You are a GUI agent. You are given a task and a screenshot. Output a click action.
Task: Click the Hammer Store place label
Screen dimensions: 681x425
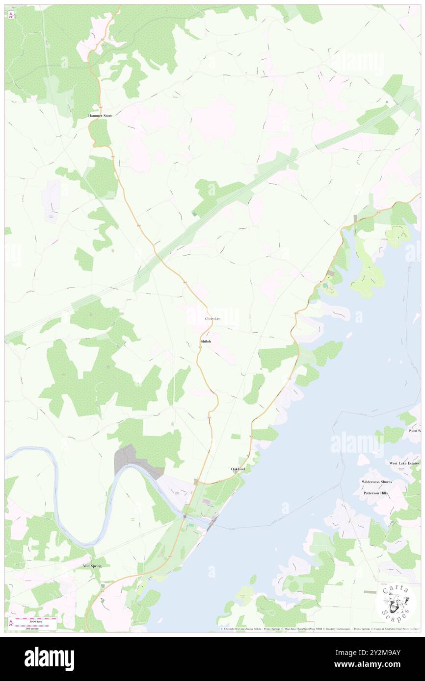point(100,116)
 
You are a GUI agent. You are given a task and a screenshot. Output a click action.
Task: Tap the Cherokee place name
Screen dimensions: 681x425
point(212,319)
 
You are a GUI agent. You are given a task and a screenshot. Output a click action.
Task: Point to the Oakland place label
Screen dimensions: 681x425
point(238,469)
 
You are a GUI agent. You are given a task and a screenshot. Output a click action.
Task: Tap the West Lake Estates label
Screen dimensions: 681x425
point(404,463)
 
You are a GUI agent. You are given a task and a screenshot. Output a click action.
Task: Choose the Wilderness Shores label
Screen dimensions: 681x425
point(377,482)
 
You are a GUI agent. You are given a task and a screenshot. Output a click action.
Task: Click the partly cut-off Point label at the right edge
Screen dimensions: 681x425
point(415,431)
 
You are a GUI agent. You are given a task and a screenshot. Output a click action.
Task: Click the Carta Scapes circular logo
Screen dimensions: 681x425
point(395,603)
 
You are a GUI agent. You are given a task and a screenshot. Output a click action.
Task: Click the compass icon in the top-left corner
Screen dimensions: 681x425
point(11,15)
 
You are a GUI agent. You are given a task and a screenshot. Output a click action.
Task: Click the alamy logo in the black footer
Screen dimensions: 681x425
point(49,658)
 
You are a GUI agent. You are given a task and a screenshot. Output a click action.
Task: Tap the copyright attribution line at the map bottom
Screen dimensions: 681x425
point(319,629)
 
